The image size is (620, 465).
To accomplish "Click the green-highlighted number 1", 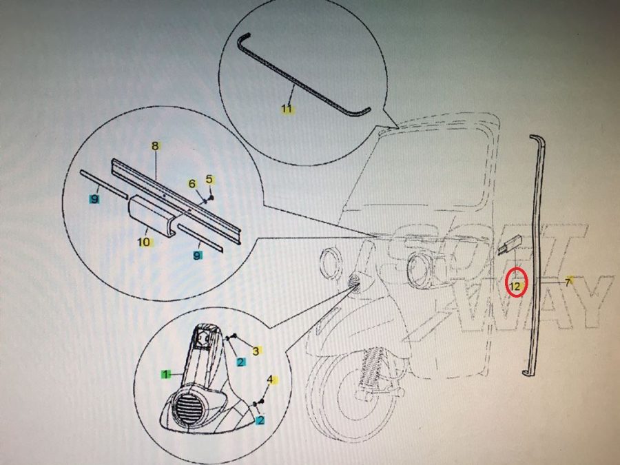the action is (x=166, y=374).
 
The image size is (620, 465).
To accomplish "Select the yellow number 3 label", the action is (x=256, y=351).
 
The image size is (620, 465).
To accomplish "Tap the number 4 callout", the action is (x=270, y=380).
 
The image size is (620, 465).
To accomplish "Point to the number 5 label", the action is (x=209, y=180).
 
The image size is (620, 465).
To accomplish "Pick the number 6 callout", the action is (x=192, y=184).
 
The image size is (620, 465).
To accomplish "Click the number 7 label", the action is (x=568, y=282).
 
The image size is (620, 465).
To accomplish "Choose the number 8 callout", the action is (x=155, y=146).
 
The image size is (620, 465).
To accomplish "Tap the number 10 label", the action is (x=145, y=242).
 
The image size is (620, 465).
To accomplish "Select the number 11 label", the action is (x=287, y=108).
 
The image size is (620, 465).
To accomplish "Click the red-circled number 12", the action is (x=515, y=285).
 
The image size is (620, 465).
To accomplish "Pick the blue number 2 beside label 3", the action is (x=241, y=362).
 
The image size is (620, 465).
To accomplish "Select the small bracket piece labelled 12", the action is (x=510, y=245).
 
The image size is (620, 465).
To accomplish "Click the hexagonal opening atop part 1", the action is (x=203, y=338).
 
